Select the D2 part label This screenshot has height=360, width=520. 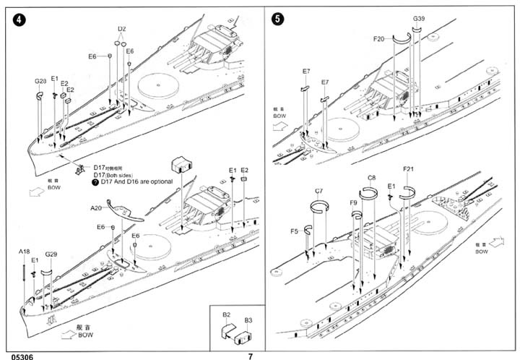tap(121, 30)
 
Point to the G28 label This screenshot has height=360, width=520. tap(40, 82)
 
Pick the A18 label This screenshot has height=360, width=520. tap(25, 252)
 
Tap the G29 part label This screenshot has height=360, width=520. tap(51, 254)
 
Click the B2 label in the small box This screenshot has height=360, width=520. tap(225, 316)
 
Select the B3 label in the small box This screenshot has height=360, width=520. tap(248, 319)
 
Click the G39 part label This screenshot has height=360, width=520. tap(419, 17)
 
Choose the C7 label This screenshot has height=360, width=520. tap(318, 191)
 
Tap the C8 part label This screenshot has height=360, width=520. tap(371, 177)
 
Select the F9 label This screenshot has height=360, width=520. tap(353, 203)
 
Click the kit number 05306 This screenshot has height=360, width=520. tap(17, 356)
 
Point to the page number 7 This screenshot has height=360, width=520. tap(250, 356)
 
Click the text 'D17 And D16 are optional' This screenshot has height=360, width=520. tap(136, 181)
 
